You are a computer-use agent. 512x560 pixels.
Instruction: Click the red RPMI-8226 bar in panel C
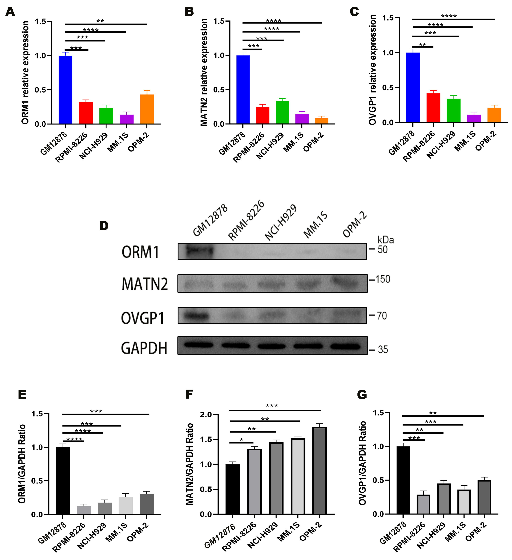(x=433, y=108)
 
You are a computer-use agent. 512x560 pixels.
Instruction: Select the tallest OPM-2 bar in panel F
(x=320, y=471)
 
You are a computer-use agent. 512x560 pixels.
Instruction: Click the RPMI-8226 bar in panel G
(x=423, y=504)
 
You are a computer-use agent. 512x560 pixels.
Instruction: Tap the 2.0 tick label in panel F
(x=206, y=415)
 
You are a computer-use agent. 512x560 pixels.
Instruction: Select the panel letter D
(x=104, y=226)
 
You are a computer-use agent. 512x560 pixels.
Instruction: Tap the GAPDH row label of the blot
(x=144, y=348)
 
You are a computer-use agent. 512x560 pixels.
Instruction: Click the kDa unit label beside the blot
(x=385, y=240)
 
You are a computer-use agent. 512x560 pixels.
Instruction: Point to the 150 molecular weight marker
(x=383, y=279)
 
